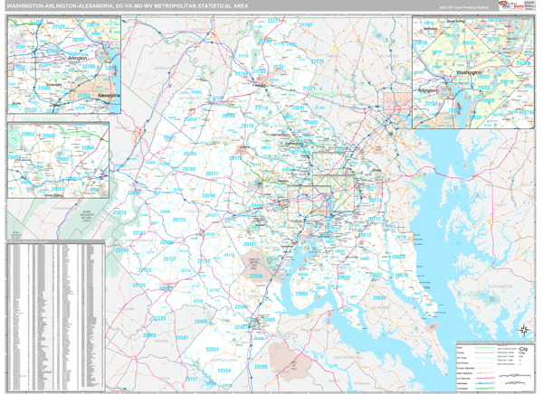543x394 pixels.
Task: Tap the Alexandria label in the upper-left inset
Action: tap(108, 94)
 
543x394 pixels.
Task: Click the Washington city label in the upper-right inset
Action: tap(469, 70)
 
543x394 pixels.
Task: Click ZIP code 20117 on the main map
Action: tap(212, 173)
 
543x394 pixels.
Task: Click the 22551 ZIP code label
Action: tap(212, 350)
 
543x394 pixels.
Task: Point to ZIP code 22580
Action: tap(262, 367)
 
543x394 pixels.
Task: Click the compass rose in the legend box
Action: tap(524, 351)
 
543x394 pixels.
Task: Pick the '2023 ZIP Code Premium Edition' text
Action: tap(461, 8)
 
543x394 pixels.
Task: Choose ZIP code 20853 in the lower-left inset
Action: tap(27, 134)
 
